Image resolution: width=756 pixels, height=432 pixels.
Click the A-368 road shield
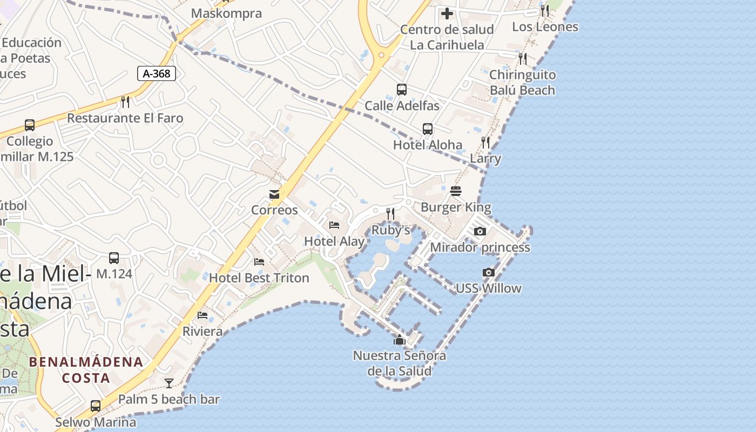pyautogui.click(x=157, y=73)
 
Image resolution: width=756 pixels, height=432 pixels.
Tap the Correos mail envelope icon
pyautogui.click(x=274, y=194)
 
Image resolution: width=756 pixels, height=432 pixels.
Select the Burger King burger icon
pyautogui.click(x=456, y=191)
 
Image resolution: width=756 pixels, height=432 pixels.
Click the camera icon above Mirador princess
pyautogui.click(x=480, y=232)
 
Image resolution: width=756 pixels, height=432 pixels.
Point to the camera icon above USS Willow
pyautogui.click(x=489, y=273)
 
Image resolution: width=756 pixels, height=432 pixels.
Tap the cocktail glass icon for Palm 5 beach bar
pyautogui.click(x=169, y=383)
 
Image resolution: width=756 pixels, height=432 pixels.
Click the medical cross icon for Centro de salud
pyautogui.click(x=447, y=13)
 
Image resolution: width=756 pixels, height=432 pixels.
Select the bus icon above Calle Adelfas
pyautogui.click(x=402, y=90)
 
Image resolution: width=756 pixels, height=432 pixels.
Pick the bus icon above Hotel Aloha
pyautogui.click(x=428, y=129)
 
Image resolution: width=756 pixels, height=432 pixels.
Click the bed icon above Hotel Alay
pyautogui.click(x=334, y=225)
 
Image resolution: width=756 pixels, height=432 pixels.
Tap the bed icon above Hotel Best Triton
pyautogui.click(x=259, y=262)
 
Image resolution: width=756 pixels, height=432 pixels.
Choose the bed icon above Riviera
pyautogui.click(x=202, y=315)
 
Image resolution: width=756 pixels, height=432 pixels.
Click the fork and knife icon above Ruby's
pyautogui.click(x=390, y=214)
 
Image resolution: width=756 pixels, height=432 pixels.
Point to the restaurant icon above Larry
pyautogui.click(x=485, y=143)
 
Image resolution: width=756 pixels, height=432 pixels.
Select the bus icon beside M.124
pyautogui.click(x=114, y=258)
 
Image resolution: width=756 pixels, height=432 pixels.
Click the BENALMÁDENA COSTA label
pyautogui.click(x=86, y=369)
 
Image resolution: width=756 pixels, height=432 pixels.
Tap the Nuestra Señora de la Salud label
pyautogui.click(x=400, y=363)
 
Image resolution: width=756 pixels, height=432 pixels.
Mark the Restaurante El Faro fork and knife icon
pyautogui.click(x=125, y=102)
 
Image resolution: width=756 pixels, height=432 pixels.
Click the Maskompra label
pyautogui.click(x=227, y=13)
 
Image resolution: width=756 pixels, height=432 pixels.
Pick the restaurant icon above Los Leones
pyautogui.click(x=545, y=11)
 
